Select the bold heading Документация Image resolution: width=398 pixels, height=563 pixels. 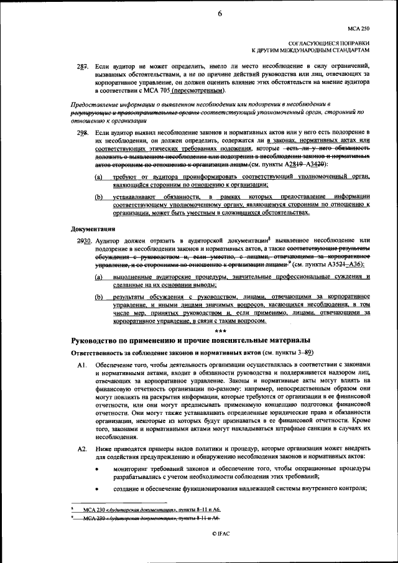tap(95, 228)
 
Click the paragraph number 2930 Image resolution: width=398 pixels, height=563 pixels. tap(83, 240)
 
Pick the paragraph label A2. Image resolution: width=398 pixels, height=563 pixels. tap(81, 448)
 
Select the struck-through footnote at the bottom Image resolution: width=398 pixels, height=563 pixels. tap(149, 518)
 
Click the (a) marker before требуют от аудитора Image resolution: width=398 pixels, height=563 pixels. tap(99, 177)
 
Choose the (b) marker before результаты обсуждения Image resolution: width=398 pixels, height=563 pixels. tap(99, 297)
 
